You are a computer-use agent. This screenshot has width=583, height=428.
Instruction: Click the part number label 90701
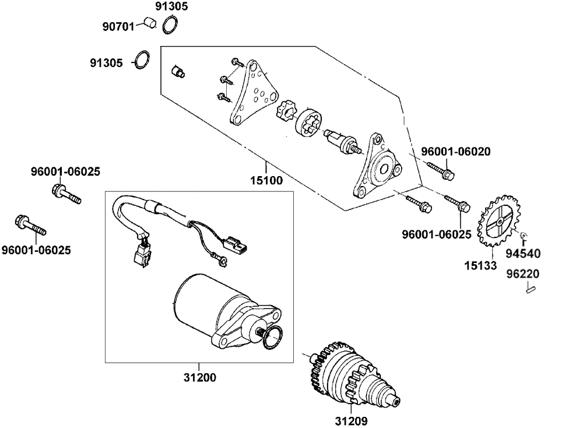pos(118,27)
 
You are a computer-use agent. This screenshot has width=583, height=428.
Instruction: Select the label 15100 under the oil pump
pos(266,181)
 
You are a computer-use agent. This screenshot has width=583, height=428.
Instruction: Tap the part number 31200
pos(199,377)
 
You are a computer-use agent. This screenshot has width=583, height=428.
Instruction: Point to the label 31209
pos(351,421)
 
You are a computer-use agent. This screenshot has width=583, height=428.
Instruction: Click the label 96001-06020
pos(455,152)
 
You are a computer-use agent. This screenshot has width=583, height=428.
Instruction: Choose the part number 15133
pos(480,265)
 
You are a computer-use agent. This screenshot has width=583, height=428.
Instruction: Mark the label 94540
pos(523,254)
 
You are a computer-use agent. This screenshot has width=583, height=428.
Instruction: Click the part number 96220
pos(523,274)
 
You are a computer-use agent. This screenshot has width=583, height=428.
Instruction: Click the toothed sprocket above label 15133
pos(498,221)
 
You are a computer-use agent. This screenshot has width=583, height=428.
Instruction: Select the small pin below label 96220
pos(531,288)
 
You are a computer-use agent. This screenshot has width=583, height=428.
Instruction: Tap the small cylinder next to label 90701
pos(150,22)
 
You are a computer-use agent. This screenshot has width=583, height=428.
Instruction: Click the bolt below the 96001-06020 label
pos(441,170)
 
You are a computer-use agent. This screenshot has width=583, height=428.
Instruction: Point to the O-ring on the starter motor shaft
pos(272,338)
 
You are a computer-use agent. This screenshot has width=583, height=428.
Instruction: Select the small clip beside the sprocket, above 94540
pos(524,236)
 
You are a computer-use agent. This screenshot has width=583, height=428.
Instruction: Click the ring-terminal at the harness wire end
pos(222,261)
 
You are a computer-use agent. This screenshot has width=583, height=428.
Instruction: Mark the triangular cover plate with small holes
pos(253,92)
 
